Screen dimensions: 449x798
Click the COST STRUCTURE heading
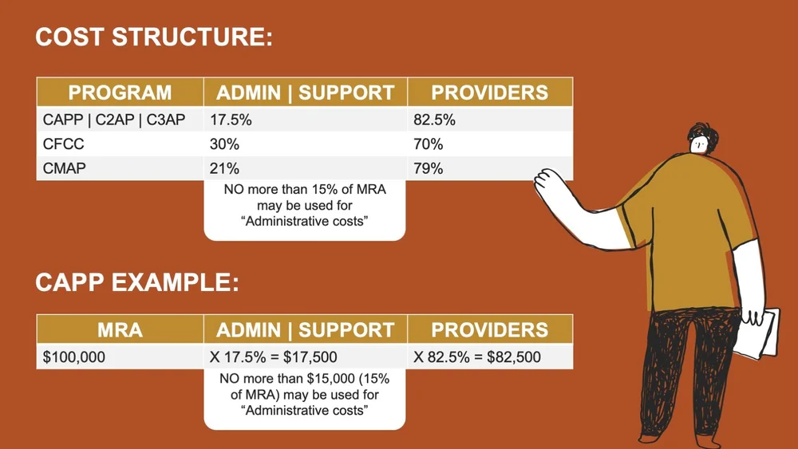coord(154,37)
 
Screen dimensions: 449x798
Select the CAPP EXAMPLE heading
coord(137,283)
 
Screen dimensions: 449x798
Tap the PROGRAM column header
coord(120,93)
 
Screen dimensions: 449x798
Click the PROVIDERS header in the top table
coord(489,93)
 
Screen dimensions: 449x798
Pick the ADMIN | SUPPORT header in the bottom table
coord(305,330)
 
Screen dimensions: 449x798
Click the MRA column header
coord(120,330)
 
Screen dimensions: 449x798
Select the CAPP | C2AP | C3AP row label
coord(113,120)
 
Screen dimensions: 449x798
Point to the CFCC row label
coord(64,144)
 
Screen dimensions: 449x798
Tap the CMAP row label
coord(64,168)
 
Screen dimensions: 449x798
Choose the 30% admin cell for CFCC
coord(223,144)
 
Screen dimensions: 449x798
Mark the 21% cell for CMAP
coord(223,168)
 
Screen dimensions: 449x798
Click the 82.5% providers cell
coord(434,120)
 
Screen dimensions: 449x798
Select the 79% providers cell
coord(428,168)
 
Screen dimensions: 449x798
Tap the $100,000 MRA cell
coord(74,356)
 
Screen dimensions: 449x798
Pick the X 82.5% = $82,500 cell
coord(476,356)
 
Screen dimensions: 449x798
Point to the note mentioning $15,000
coord(304,396)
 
